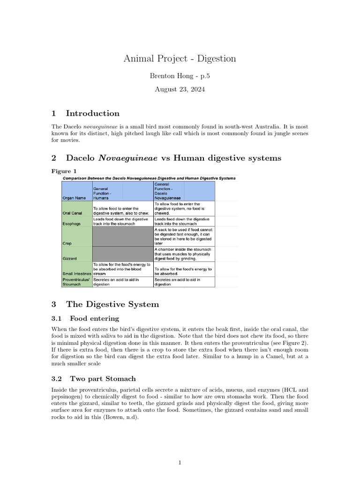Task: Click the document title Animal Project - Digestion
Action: tap(180, 59)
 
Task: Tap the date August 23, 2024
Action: tap(180, 89)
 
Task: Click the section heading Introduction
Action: tap(92, 113)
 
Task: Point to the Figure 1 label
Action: tap(64, 171)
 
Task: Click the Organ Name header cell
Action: tap(74, 198)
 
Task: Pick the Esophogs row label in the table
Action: tap(72, 224)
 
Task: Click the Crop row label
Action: tap(67, 243)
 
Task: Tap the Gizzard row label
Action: tap(70, 258)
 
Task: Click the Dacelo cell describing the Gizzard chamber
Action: tap(184, 254)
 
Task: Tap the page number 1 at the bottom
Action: tap(180, 463)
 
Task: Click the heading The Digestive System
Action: tap(112, 304)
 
